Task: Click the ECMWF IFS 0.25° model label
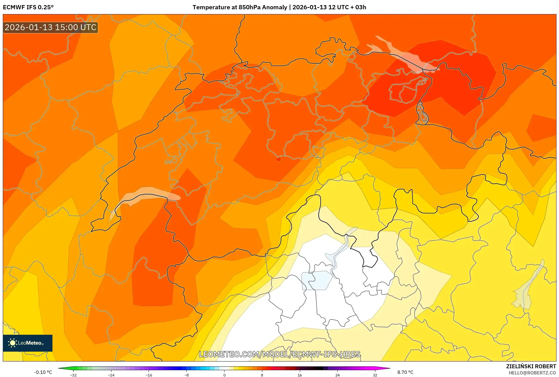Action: click(x=28, y=7)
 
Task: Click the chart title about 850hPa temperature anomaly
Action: click(x=279, y=7)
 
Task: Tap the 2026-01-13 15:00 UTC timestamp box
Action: click(x=50, y=27)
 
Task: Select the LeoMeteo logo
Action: click(x=28, y=343)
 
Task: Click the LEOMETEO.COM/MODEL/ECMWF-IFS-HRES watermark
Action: click(x=279, y=354)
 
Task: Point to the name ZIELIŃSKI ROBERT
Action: click(x=531, y=366)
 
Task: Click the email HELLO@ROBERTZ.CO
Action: click(x=532, y=373)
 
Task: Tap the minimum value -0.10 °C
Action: click(x=43, y=372)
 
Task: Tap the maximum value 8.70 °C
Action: click(x=405, y=372)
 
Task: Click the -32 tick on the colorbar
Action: click(x=73, y=375)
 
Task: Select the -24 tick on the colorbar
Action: click(x=111, y=375)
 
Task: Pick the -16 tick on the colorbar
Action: click(x=149, y=375)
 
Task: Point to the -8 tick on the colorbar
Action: click(x=187, y=375)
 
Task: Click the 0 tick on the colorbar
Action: click(x=225, y=375)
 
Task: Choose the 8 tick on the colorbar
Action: click(x=262, y=375)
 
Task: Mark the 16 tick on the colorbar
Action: click(x=300, y=375)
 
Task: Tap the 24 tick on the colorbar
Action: click(x=338, y=375)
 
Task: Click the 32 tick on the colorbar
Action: click(x=375, y=375)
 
